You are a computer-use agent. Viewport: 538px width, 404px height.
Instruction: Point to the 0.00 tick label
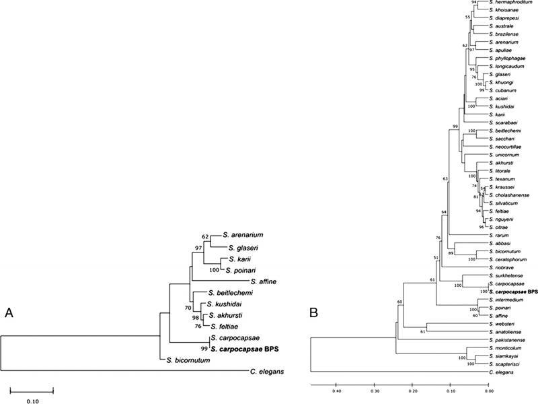tap(489, 389)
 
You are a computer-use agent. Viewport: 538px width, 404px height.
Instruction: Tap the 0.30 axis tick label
tap(374, 389)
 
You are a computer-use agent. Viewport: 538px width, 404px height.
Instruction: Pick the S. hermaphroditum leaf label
tap(514, 3)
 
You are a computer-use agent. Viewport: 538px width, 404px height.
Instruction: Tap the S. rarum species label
tap(503, 236)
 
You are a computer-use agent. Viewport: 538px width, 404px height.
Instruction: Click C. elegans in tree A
tap(264, 371)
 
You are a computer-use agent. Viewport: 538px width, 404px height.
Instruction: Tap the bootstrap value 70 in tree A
tap(187, 308)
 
